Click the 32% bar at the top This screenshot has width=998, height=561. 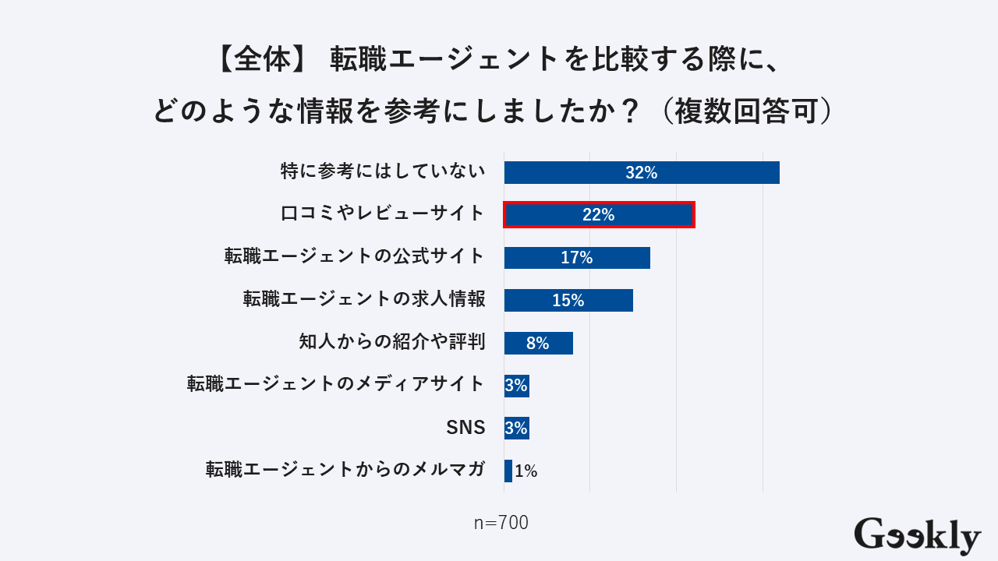tap(641, 172)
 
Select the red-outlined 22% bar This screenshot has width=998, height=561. tap(599, 214)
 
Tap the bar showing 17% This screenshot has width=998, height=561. tap(577, 257)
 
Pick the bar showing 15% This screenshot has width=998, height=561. tap(568, 300)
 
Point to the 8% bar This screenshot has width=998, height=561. tap(538, 343)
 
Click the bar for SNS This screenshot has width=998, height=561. tap(516, 428)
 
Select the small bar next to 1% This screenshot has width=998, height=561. tap(508, 471)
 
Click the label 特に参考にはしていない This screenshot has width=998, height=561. tap(383, 171)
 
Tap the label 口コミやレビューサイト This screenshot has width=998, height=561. tap(383, 214)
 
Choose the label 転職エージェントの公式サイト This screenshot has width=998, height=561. tap(355, 256)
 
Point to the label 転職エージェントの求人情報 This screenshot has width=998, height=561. tap(364, 299)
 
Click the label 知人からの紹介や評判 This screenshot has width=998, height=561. tap(392, 342)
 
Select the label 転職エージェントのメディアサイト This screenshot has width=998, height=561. tap(336, 384)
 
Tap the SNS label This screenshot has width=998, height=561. tap(465, 428)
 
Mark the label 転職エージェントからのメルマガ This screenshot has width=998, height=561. tap(345, 470)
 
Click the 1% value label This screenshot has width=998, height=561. tap(526, 471)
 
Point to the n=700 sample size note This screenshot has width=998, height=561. tap(501, 523)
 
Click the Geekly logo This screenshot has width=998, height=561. tap(917, 536)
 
